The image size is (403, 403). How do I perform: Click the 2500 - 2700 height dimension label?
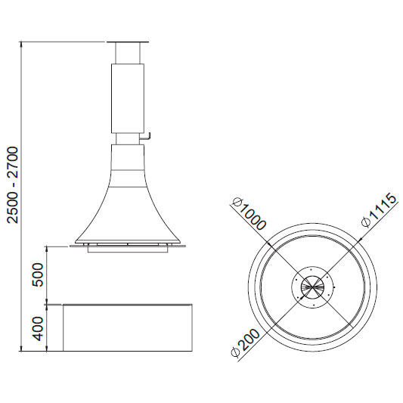pos(13,184)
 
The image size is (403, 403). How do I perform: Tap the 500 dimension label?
pos(38,274)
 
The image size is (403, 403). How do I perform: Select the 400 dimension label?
pos(38,329)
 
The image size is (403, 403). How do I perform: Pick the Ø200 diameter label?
pos(246,343)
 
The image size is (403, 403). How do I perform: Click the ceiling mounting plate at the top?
pos(128,42)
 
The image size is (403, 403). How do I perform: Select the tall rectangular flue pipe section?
pos(128,98)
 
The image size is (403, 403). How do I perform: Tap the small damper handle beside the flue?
pos(145,136)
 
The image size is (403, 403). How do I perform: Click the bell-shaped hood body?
pos(128,195)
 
